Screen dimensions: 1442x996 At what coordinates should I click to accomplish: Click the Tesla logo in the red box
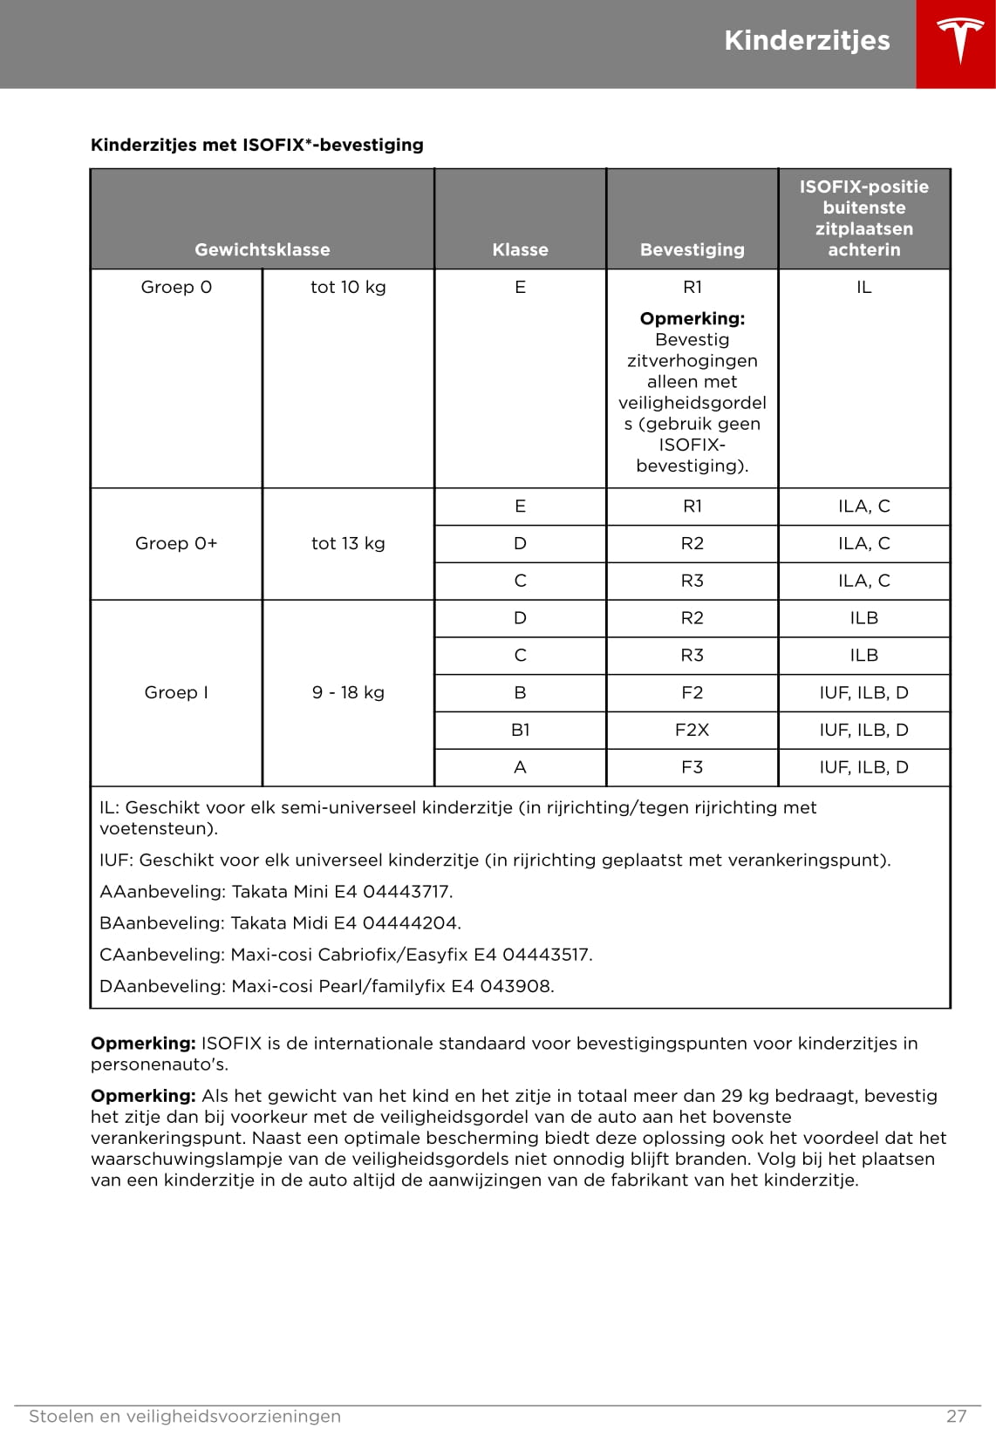coord(959,42)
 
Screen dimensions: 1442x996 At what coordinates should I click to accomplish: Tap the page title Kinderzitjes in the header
coord(807,41)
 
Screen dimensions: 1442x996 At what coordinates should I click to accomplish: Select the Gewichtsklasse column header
coord(262,249)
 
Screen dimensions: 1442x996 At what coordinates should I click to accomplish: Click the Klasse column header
coord(520,249)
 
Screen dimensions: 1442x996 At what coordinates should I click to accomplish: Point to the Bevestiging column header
coord(692,249)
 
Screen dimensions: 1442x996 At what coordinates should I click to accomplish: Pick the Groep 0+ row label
coord(176,543)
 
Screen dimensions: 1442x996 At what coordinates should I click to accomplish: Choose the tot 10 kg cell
coord(348,287)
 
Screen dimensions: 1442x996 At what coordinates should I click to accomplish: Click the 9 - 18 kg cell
coord(348,692)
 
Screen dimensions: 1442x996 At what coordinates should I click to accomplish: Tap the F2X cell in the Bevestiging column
coord(692,730)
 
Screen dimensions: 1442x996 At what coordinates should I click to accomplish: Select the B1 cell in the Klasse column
coord(520,730)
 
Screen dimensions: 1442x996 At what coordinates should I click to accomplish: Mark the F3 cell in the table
coord(692,767)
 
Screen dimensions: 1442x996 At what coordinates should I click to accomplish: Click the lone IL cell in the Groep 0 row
coord(863,287)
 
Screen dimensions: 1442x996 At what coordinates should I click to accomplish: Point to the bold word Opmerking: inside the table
coord(692,318)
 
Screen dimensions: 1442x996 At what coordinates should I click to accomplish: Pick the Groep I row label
coord(176,692)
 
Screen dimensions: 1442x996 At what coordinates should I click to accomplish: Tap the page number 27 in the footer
coord(956,1416)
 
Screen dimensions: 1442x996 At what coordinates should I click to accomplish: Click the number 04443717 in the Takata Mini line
coord(406,891)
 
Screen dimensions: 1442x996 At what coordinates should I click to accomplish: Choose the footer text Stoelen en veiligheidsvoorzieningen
coord(185,1416)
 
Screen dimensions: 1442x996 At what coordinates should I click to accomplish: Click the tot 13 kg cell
coord(348,543)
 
